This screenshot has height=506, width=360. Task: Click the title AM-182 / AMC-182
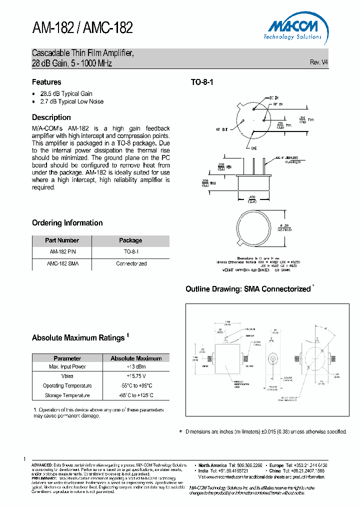[x=82, y=28]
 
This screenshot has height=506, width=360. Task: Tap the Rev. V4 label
[x=319, y=62]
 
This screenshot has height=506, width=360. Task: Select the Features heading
[x=46, y=82]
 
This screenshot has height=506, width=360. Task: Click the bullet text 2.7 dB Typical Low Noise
[x=71, y=101]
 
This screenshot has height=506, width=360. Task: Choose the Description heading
[x=51, y=117]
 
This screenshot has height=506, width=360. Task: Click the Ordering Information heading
[x=67, y=223]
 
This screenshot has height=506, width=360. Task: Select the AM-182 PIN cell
[x=62, y=252]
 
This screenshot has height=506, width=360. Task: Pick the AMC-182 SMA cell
[x=62, y=263]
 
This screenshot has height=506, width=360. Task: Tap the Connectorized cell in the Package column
[x=131, y=263]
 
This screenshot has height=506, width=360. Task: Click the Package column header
[x=130, y=240]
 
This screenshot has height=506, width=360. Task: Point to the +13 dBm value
[x=136, y=366]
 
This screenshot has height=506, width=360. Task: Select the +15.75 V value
[x=136, y=376]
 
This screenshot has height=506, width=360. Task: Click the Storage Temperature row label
[x=67, y=395]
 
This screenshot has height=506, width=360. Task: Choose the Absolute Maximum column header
[x=136, y=358]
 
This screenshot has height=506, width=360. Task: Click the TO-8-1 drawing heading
[x=202, y=82]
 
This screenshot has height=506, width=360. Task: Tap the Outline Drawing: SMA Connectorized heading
[x=248, y=289]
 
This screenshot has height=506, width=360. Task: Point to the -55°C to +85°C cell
[x=136, y=385]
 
